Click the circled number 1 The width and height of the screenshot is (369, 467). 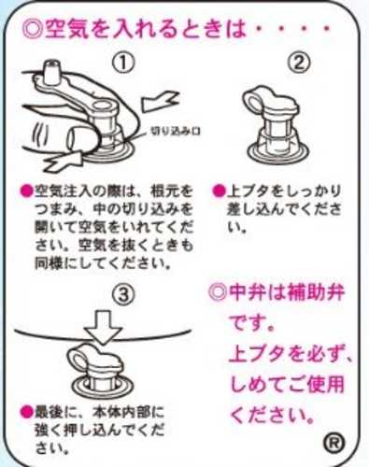[123, 64]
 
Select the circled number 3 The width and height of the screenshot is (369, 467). [123, 294]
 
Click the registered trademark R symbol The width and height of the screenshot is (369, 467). [334, 443]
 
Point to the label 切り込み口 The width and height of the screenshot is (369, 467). [176, 131]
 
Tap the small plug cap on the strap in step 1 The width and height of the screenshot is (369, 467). [51, 72]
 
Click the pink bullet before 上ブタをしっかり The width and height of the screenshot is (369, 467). [219, 191]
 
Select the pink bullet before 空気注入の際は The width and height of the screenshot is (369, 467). [26, 191]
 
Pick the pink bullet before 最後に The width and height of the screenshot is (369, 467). [26, 412]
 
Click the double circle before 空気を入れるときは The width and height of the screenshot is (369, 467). [31, 30]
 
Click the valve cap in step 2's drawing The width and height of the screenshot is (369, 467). [271, 101]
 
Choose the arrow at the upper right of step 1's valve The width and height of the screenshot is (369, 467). [160, 101]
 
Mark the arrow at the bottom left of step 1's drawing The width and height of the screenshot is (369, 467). [64, 161]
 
